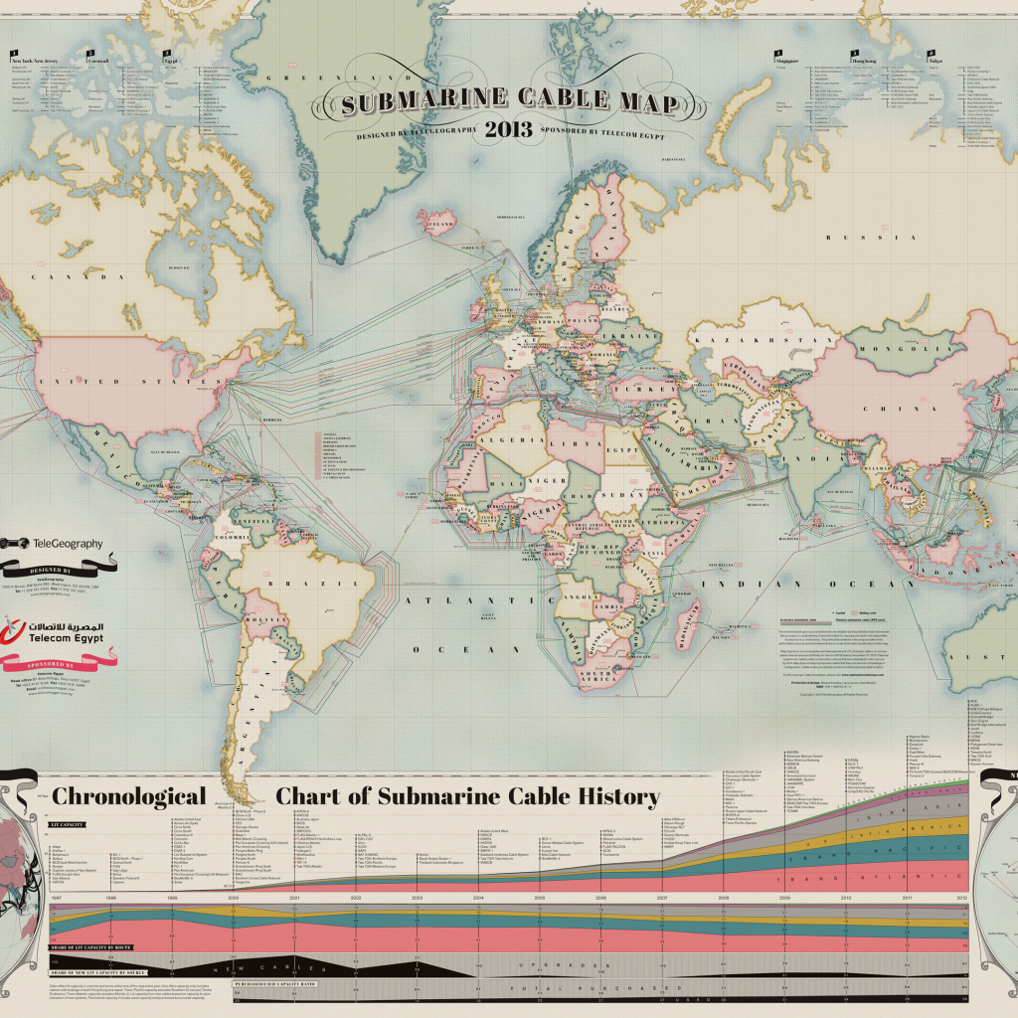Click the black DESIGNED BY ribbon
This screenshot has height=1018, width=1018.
pos(50,568)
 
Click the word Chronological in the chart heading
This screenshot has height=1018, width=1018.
pos(128,796)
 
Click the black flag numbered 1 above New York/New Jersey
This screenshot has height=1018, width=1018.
pos(14,51)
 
